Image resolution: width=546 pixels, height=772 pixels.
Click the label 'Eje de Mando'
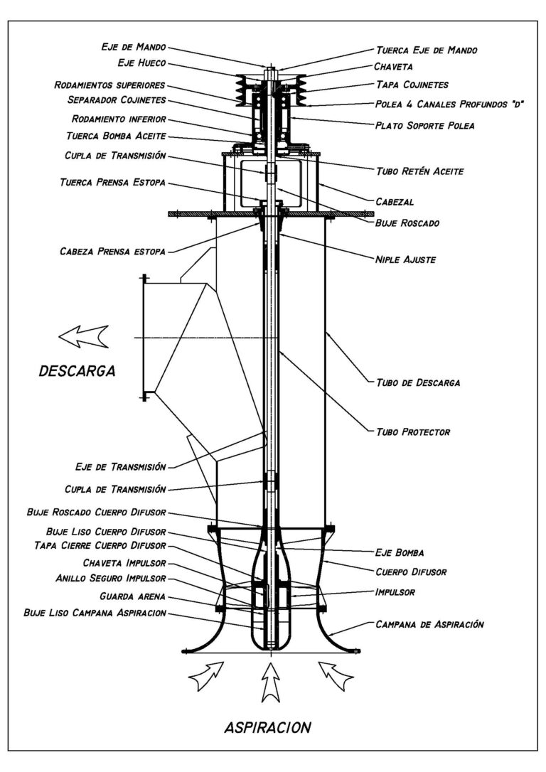(x=133, y=48)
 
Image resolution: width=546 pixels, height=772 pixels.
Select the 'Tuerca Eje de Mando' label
(x=426, y=50)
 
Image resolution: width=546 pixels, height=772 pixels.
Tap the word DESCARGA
(x=77, y=371)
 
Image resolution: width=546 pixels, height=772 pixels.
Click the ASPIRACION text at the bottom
(x=267, y=727)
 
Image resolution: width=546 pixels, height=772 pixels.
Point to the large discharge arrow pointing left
(x=83, y=336)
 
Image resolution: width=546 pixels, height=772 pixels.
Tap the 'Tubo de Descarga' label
(x=417, y=382)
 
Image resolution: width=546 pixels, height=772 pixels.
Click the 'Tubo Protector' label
(x=412, y=431)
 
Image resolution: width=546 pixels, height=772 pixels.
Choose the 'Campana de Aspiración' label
(x=429, y=624)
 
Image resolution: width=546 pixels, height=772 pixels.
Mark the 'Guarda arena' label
(x=134, y=596)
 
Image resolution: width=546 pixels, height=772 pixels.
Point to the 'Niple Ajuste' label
(x=405, y=259)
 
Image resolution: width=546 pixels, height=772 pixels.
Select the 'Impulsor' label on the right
(x=396, y=591)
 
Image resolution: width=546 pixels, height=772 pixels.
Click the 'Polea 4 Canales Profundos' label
(x=449, y=104)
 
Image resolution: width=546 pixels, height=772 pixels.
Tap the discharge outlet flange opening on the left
(x=145, y=337)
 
